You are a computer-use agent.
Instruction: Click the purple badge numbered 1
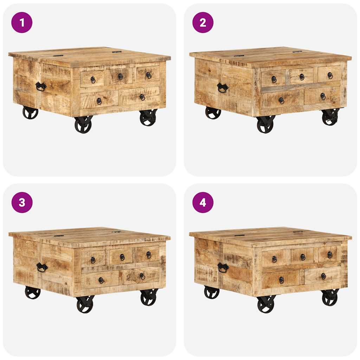22,22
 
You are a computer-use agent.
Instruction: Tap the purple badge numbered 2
203,22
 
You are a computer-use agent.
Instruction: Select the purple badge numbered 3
22,202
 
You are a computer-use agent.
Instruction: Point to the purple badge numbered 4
203,202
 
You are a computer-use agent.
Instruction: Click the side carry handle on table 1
41,86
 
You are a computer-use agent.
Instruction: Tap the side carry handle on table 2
222,88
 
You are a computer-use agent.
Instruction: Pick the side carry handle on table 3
42,267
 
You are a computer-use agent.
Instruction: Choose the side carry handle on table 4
223,268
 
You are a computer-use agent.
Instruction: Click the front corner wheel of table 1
83,125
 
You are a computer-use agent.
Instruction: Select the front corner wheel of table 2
265,125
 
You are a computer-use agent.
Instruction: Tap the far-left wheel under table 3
33,292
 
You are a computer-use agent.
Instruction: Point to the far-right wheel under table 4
330,297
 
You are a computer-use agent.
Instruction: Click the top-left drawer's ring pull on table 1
93,80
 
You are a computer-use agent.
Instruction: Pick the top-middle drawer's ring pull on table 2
302,77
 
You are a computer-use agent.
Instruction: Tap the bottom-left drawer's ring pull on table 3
101,280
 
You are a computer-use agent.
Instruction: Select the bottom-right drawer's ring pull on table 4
323,276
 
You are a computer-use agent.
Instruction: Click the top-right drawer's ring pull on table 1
148,75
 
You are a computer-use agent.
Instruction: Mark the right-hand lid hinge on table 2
297,52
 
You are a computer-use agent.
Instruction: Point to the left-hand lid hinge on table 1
58,55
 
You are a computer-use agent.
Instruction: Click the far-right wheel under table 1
148,117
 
